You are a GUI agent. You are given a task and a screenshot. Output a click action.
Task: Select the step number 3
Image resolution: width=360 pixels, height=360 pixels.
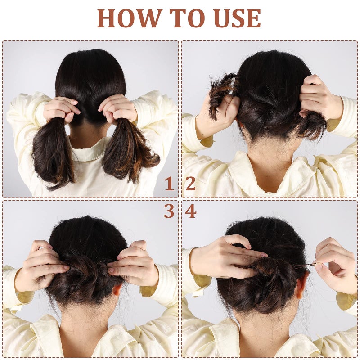point(169,211)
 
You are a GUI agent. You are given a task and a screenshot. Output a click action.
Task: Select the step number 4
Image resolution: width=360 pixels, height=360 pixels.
point(191,211)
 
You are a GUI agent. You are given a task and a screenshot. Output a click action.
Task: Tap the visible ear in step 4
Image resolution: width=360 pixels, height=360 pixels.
point(300,286)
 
